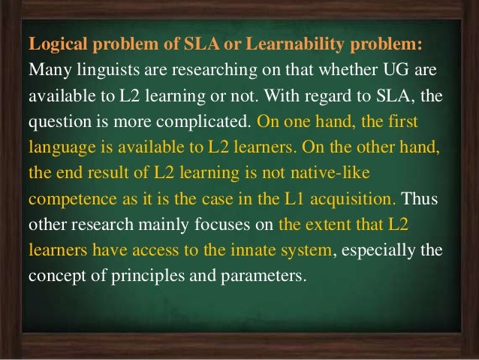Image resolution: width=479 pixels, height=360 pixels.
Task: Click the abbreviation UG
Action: (390, 71)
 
